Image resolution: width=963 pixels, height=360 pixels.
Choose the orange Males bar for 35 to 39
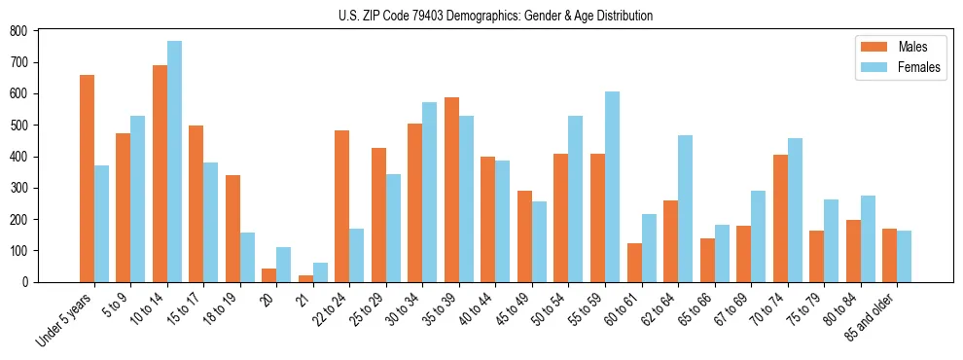tap(451, 190)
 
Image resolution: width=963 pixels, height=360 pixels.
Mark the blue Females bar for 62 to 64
tap(685, 208)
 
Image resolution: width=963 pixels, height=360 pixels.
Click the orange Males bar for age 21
tap(305, 278)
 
